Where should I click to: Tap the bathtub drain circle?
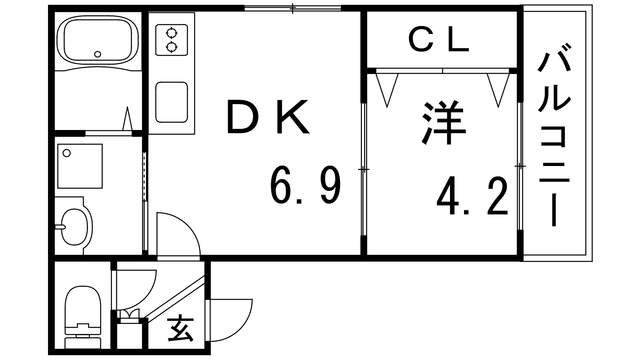97,54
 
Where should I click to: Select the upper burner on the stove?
172,33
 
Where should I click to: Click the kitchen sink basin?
172,102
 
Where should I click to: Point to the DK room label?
267,117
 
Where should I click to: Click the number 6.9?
306,186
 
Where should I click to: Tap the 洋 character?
444,123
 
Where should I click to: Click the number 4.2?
472,197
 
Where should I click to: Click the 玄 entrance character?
181,329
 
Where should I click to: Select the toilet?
83,316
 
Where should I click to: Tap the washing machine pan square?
80,166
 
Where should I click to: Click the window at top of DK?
293,8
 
